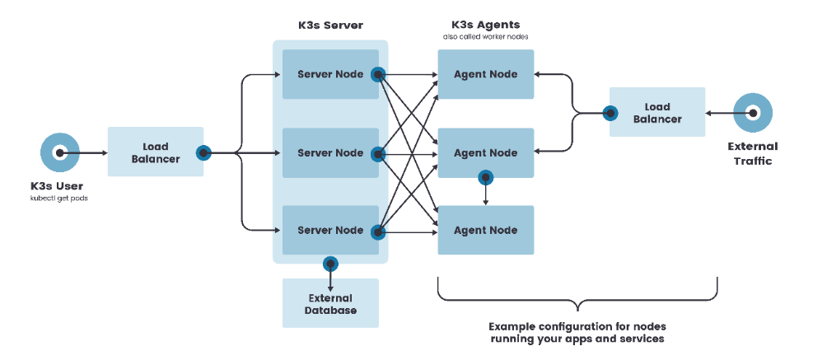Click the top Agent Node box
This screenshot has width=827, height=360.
click(x=486, y=74)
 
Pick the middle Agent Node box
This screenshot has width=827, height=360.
click(x=486, y=152)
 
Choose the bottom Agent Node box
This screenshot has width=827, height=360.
click(x=486, y=230)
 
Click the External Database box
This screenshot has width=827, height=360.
click(x=330, y=303)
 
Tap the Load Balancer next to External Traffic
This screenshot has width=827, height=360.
click(x=657, y=112)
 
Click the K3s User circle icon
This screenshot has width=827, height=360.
click(x=60, y=152)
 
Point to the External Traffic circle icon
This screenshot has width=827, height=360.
click(x=752, y=112)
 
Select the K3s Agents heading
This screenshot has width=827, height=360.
click(x=486, y=24)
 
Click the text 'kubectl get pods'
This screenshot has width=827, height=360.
click(x=59, y=200)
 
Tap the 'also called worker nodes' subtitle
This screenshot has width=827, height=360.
click(x=486, y=37)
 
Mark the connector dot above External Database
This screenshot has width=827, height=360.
click(x=330, y=264)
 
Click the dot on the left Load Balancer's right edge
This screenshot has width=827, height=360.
click(x=203, y=152)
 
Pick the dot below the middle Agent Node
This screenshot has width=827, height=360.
click(x=485, y=177)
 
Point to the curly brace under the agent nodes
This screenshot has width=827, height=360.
click(x=577, y=292)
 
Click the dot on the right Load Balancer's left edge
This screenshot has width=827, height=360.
click(x=610, y=113)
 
